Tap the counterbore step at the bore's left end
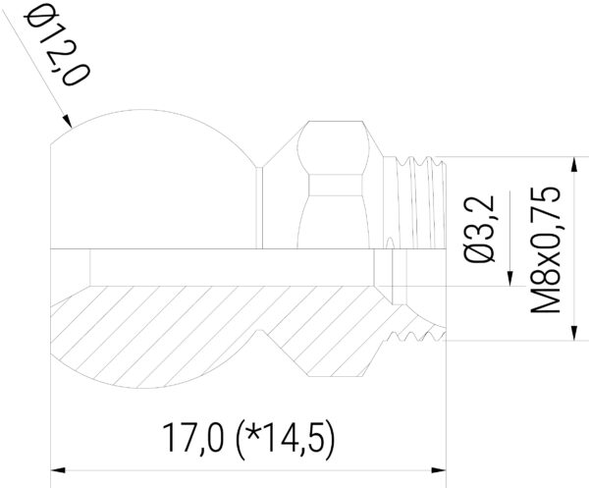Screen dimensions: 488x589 click(x=89, y=266)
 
